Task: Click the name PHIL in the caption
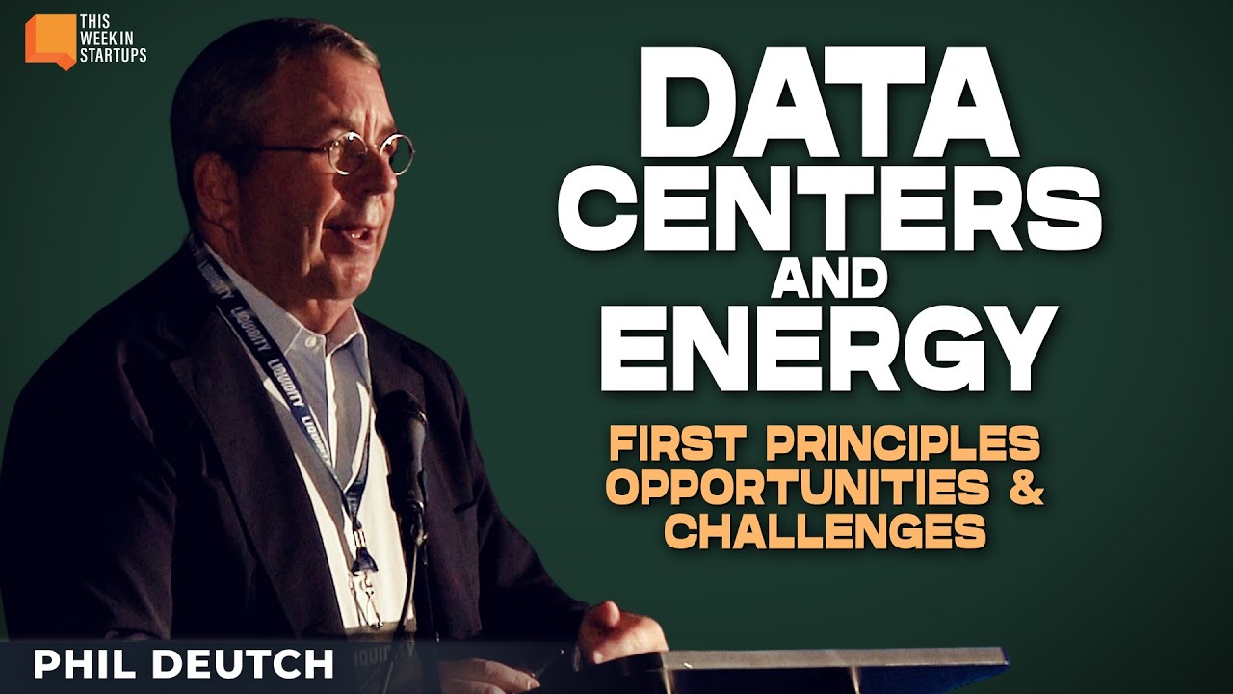click(92, 665)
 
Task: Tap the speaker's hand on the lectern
click(616, 627)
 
